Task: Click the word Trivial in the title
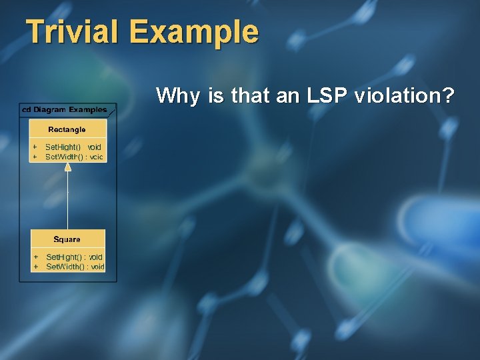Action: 73,31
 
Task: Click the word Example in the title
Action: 193,32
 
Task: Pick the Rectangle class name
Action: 67,129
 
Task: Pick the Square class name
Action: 67,239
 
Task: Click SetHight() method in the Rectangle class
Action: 63,147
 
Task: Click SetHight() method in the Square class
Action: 64,257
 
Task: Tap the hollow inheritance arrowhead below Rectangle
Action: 67,167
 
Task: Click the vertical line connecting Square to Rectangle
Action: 67,200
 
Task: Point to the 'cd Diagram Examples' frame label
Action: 65,109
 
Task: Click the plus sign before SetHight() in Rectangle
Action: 35,147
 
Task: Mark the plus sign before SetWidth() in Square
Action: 35,267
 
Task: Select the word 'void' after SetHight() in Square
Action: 96,257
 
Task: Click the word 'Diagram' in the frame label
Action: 49,109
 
